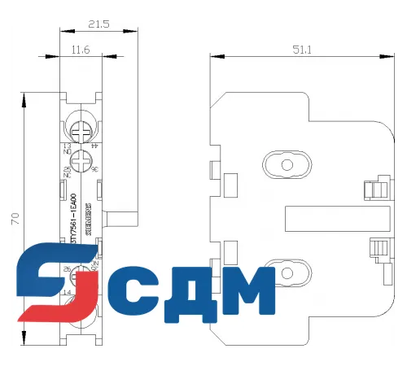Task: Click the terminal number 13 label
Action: click(66, 145)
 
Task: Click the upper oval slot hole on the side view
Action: click(286, 166)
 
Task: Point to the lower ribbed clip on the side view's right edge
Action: click(376, 248)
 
